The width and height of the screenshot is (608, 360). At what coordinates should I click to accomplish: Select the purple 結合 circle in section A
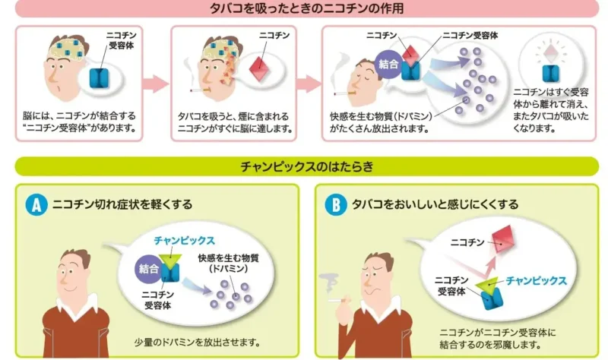click(148, 268)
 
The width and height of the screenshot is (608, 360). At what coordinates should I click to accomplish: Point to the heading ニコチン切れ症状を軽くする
click(122, 204)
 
